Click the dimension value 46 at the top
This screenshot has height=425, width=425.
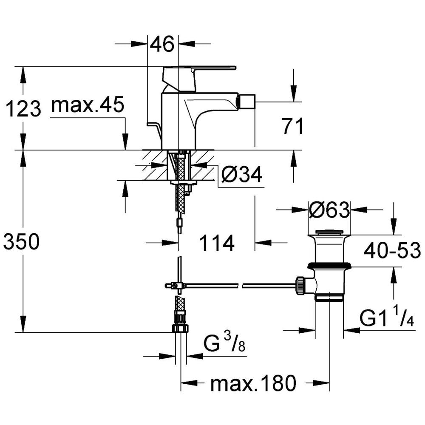click(x=162, y=45)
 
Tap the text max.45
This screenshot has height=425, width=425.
click(x=88, y=105)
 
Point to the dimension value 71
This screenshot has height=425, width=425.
click(x=292, y=126)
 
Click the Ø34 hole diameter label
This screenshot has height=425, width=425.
click(x=241, y=174)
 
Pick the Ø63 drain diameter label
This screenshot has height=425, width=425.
click(x=329, y=210)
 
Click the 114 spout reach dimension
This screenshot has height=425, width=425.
click(x=217, y=243)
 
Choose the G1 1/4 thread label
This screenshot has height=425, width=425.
click(x=387, y=317)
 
